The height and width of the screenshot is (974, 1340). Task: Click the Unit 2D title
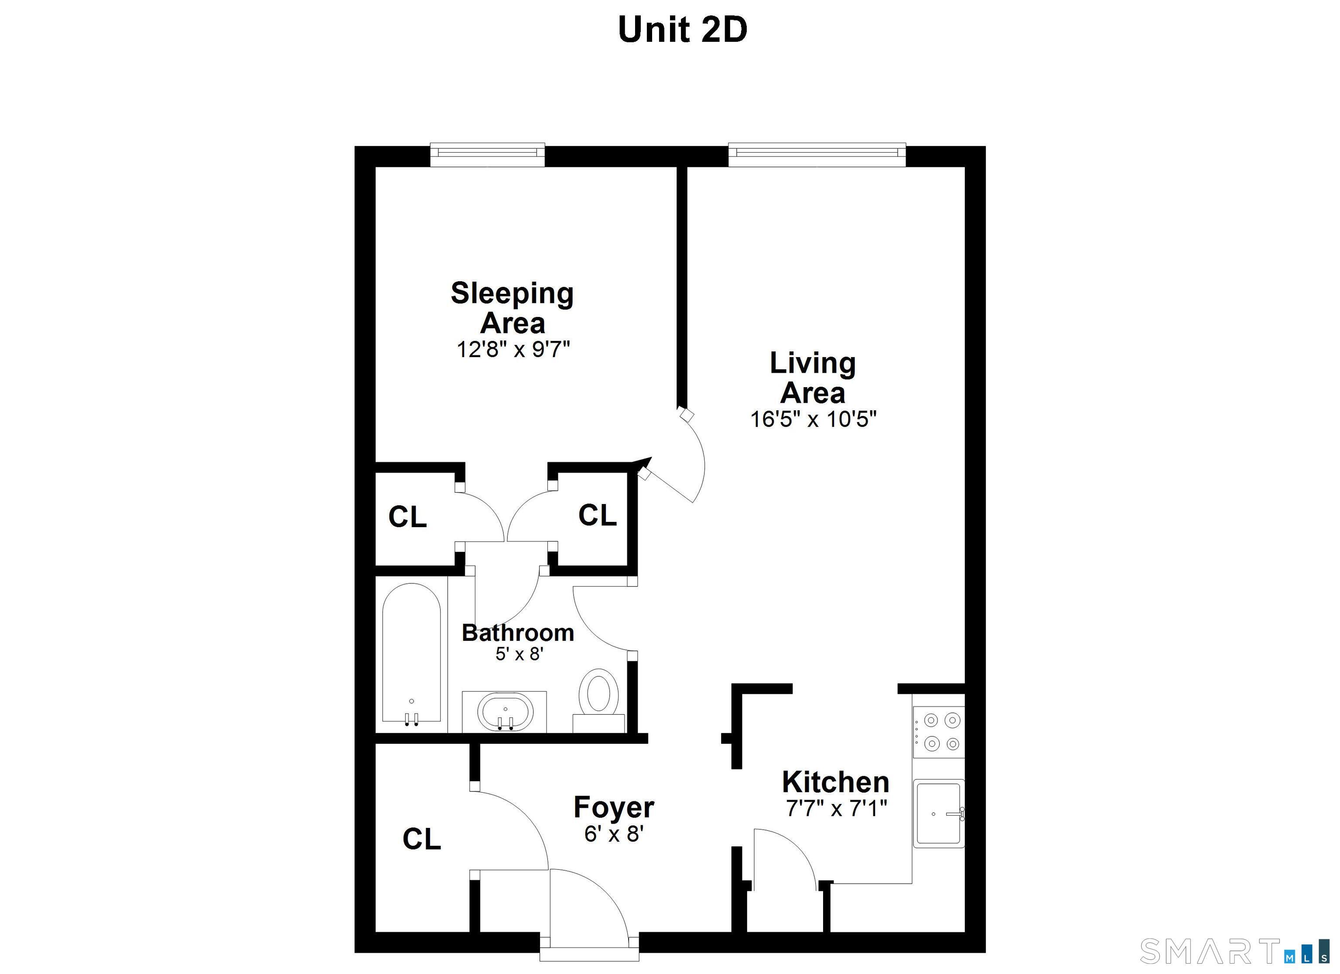point(682,30)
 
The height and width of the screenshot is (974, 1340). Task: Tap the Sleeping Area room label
point(512,308)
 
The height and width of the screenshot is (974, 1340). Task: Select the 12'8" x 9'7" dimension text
point(512,350)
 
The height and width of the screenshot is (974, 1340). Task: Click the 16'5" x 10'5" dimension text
point(813,419)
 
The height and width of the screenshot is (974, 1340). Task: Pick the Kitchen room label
point(835,782)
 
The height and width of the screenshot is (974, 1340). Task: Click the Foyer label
point(614,807)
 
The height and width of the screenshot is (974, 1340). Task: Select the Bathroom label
point(518,633)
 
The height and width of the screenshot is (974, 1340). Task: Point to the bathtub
point(411,653)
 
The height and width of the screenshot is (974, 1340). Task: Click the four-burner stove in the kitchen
point(939,732)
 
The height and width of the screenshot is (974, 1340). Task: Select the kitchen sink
point(938,814)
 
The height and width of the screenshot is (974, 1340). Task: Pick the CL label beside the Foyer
point(421,839)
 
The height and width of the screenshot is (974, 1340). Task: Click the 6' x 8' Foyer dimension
point(614,834)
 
